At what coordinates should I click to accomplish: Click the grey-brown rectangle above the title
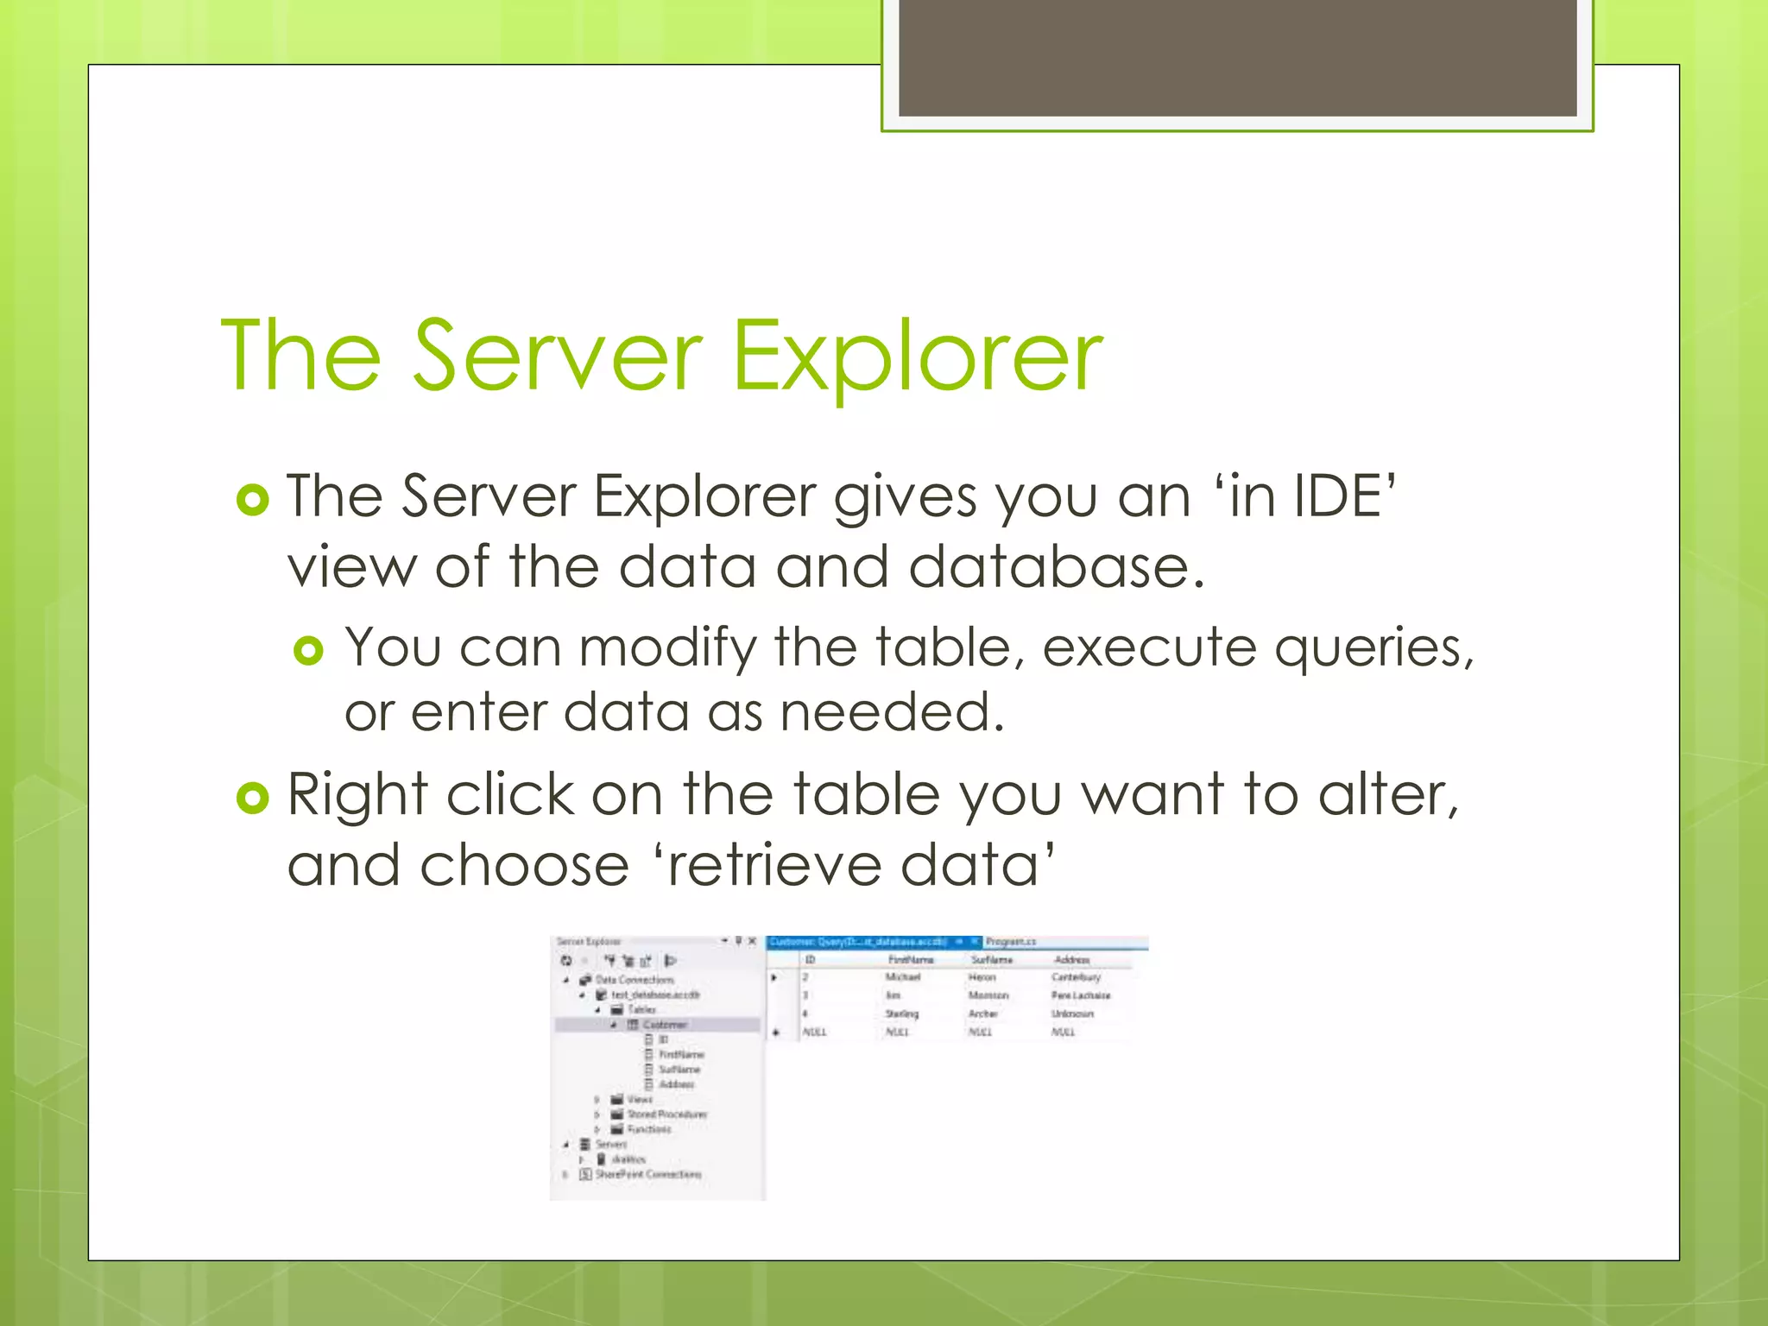tap(1237, 59)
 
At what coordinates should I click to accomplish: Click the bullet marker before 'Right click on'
tap(252, 798)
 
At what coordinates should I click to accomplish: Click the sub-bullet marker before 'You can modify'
tap(308, 650)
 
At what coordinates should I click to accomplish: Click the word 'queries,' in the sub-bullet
tap(1373, 648)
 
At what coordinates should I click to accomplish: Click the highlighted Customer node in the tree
tap(664, 1025)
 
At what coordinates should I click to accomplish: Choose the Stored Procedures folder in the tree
tap(666, 1114)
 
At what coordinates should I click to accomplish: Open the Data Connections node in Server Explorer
tap(634, 980)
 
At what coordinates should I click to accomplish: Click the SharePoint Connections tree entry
tap(647, 1174)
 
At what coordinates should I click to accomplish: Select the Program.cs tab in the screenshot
tap(1010, 942)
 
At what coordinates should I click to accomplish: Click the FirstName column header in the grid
tap(911, 960)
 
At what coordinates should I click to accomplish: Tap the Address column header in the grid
tap(1071, 960)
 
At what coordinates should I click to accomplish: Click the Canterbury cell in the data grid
tap(1076, 977)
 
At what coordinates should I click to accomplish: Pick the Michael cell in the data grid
tap(902, 977)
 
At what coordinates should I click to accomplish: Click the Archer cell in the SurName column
tap(982, 1013)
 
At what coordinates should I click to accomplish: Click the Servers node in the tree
tap(610, 1145)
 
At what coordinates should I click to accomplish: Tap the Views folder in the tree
tap(639, 1100)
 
